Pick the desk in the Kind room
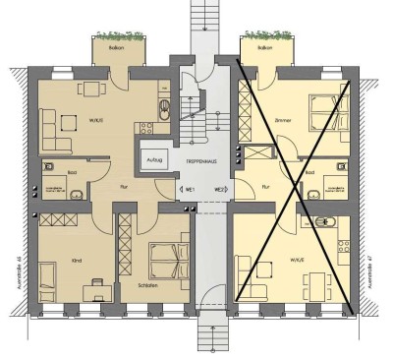point(97,286)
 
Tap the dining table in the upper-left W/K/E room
point(93,90)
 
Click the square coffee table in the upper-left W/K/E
point(70,123)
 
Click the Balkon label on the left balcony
point(117,46)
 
